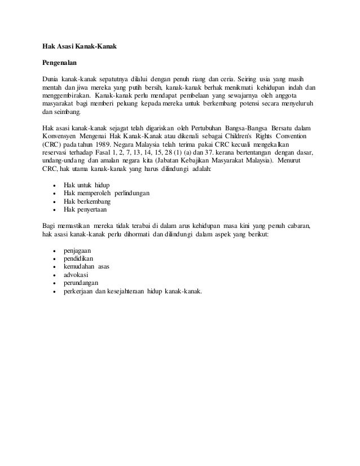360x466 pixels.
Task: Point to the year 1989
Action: [x=113, y=144]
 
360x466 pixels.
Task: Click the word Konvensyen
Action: [x=64, y=137]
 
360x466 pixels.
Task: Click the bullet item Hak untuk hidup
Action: [x=86, y=185]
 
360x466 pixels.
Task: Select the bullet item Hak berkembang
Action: [x=87, y=201]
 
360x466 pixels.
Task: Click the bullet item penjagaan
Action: [x=78, y=249]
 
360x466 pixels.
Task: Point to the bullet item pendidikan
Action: [x=79, y=258]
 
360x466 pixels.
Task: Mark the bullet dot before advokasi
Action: [x=54, y=274]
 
